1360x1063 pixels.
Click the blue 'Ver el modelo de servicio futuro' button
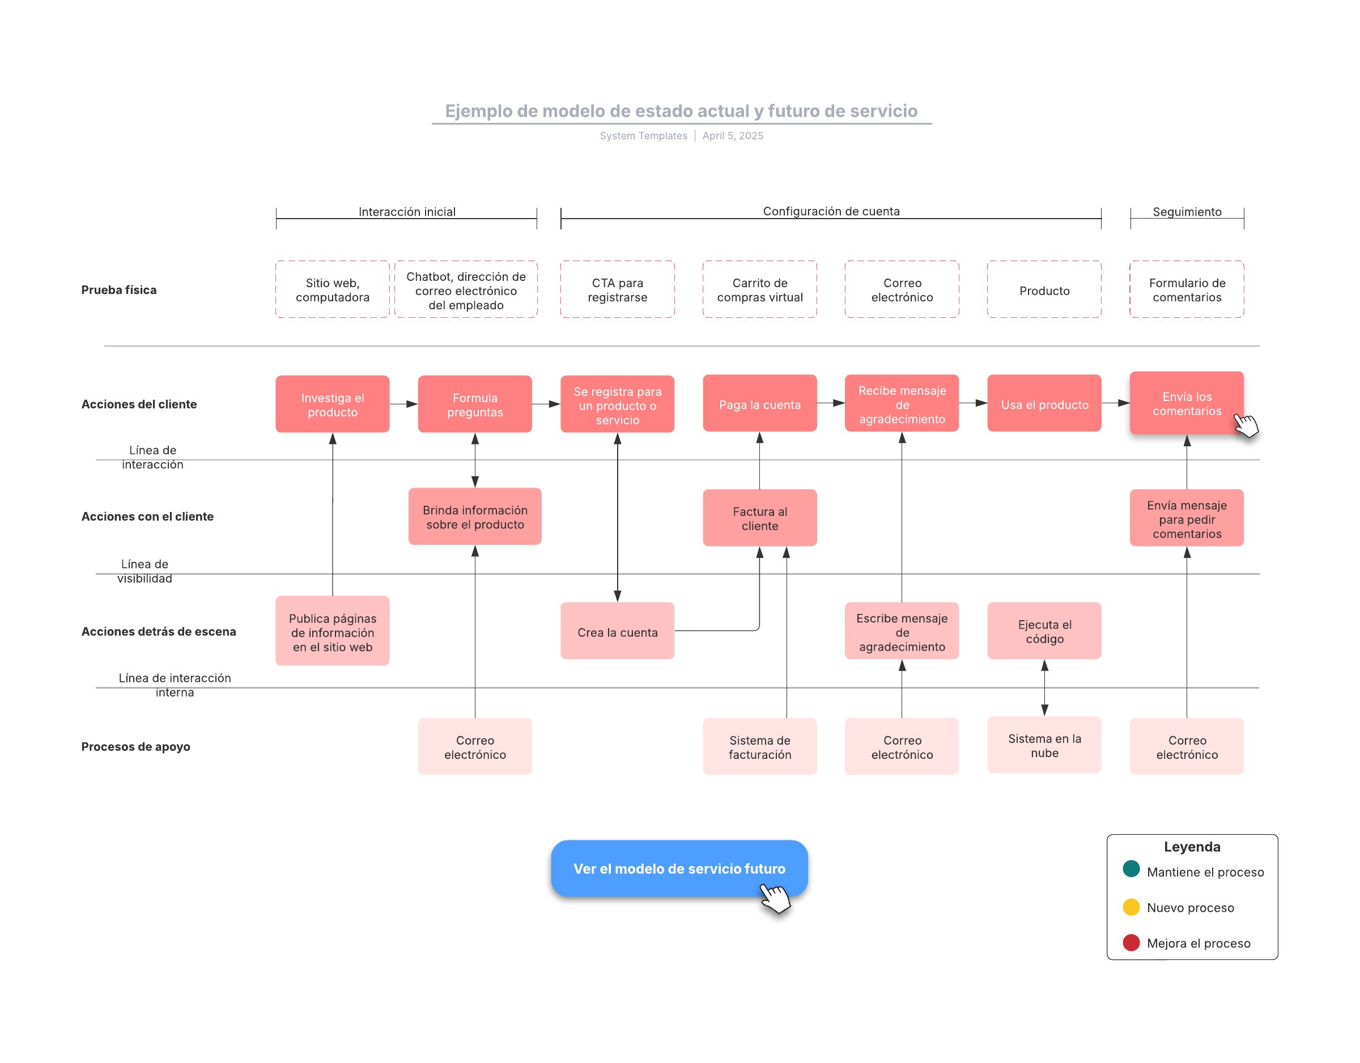(x=679, y=868)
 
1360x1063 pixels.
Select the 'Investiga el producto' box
(x=333, y=404)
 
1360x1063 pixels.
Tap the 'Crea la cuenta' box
(x=617, y=631)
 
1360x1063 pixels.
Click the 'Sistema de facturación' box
(x=760, y=747)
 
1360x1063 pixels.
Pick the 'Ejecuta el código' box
(x=1044, y=631)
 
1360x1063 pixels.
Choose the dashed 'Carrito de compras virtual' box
(x=760, y=290)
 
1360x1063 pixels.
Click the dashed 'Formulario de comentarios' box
(x=1187, y=290)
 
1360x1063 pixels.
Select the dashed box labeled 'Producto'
(x=1044, y=290)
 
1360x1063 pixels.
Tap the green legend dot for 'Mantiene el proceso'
(x=1131, y=869)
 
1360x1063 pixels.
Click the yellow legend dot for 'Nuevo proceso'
(x=1131, y=907)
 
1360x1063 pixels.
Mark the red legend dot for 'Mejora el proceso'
(x=1131, y=942)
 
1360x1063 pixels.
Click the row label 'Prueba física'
(x=119, y=290)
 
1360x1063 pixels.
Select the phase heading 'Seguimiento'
(x=1187, y=212)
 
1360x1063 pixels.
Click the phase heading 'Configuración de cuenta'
(x=831, y=211)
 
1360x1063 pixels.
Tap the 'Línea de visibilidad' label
(x=144, y=571)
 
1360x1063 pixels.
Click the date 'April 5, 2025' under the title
(x=733, y=136)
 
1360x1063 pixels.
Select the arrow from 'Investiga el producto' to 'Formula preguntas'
(x=403, y=404)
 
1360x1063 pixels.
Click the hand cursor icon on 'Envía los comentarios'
(x=1246, y=426)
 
